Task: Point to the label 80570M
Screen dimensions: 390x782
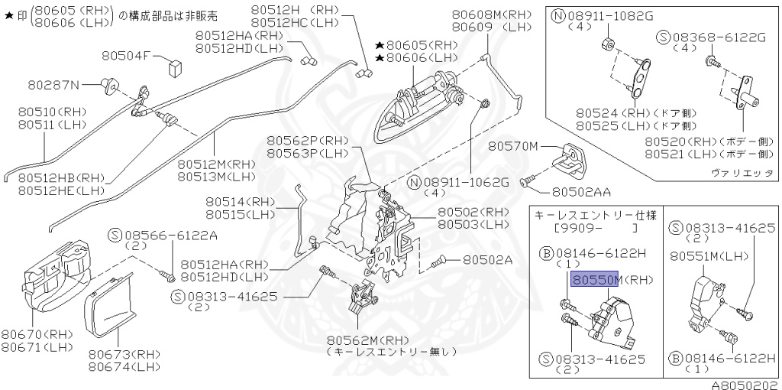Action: (x=513, y=146)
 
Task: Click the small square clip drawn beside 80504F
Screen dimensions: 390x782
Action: (x=174, y=64)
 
